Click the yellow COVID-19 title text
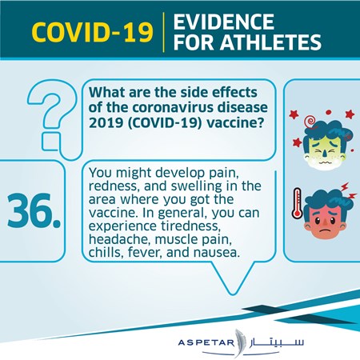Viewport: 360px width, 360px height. pos(92,32)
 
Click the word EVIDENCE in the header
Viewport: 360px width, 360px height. pos(224,22)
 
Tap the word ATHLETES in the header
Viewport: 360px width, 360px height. pos(270,42)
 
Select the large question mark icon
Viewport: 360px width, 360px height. pos(50,118)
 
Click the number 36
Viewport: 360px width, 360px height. pos(34,211)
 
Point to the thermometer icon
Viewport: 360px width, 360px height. pos(297,203)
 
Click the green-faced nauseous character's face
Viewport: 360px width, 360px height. pos(326,150)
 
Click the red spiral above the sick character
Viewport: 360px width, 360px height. pos(311,122)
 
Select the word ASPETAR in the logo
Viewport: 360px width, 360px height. pos(206,342)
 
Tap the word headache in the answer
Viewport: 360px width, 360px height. pos(119,239)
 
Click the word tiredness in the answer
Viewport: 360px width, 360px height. pos(191,226)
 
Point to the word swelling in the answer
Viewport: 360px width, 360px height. pos(196,186)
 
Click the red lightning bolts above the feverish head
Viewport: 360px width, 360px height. pos(348,191)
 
